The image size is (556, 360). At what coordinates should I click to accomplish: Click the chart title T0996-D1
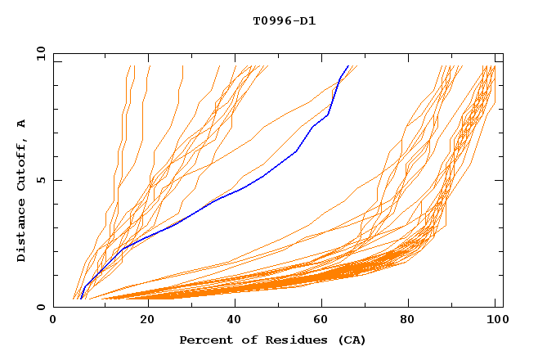(285, 20)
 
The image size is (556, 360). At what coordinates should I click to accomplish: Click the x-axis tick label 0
(53, 321)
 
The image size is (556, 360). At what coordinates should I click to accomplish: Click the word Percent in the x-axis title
(204, 340)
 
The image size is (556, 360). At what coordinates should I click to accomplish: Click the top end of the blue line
(348, 66)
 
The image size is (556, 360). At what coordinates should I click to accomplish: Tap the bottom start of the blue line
(80, 299)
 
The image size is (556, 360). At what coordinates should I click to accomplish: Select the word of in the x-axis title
(244, 340)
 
